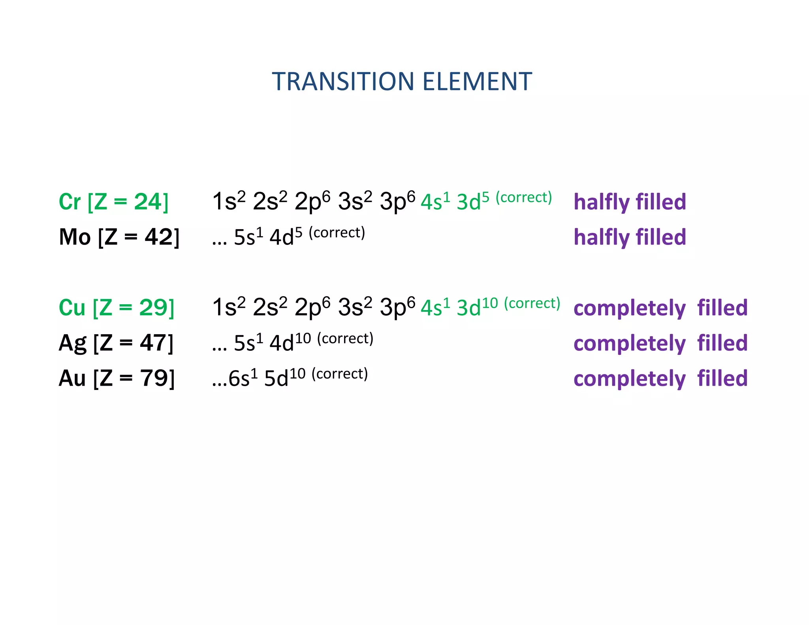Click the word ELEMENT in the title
click(x=477, y=82)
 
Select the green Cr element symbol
click(x=70, y=202)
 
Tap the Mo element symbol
click(x=75, y=237)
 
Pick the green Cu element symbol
click(x=72, y=308)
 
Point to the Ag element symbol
click(x=72, y=343)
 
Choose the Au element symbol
click(x=72, y=378)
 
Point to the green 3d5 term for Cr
click(x=473, y=201)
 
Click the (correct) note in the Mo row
click(x=337, y=233)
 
